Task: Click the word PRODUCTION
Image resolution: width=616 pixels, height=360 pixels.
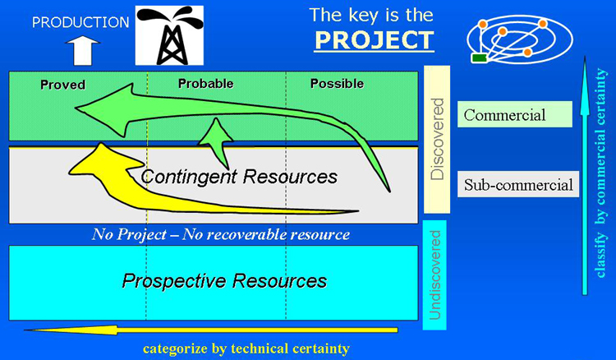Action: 80,22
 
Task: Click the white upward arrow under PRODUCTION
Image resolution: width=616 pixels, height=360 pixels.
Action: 82,51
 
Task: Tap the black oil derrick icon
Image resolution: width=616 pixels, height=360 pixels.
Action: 169,35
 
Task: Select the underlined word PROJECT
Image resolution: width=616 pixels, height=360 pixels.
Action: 374,40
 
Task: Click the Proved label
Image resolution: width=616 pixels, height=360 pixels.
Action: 63,85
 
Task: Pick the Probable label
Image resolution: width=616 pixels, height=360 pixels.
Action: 206,83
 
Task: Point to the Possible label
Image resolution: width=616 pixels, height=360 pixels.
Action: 337,83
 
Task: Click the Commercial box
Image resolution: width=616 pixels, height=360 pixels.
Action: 515,114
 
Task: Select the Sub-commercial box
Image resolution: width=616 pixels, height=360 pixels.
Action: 518,184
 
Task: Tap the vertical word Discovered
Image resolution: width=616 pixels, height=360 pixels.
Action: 437,139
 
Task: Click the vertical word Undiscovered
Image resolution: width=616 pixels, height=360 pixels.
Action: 434,275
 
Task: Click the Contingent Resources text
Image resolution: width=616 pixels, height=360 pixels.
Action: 239,177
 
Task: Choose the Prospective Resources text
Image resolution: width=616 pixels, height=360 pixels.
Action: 224,281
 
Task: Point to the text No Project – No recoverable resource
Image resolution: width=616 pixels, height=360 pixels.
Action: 221,234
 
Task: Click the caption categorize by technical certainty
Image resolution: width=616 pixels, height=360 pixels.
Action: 246,348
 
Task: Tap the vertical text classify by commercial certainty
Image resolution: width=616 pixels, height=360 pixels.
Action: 601,173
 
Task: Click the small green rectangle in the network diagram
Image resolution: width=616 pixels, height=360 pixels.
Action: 480,58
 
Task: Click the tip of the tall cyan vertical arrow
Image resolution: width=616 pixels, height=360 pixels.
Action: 585,56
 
